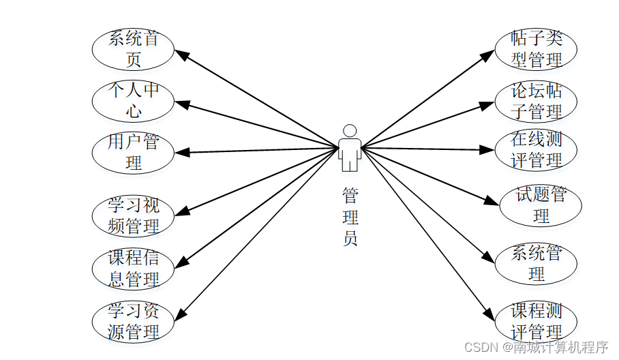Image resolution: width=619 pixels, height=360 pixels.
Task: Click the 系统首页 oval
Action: [x=134, y=49]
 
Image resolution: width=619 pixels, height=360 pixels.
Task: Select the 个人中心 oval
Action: [x=134, y=100]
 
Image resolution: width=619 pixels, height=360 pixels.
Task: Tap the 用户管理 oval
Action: [x=134, y=152]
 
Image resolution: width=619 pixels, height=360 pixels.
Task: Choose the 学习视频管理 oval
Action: [x=134, y=215]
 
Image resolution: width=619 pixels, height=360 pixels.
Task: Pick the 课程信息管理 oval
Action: [x=134, y=269]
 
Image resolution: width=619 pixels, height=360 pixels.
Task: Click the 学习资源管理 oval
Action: [x=134, y=322]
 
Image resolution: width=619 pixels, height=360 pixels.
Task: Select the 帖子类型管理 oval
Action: [x=536, y=49]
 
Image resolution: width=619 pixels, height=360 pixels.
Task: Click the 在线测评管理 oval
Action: [x=536, y=151]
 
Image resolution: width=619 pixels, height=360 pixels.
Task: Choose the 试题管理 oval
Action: [x=541, y=205]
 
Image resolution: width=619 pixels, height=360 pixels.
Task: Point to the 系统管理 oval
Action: [x=536, y=264]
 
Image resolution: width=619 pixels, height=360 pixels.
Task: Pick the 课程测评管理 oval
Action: [x=536, y=322]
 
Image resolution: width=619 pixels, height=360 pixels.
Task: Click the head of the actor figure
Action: [x=350, y=130]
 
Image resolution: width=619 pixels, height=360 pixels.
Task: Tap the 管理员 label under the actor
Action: [x=350, y=217]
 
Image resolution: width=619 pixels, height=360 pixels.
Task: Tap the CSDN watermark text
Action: [x=536, y=347]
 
